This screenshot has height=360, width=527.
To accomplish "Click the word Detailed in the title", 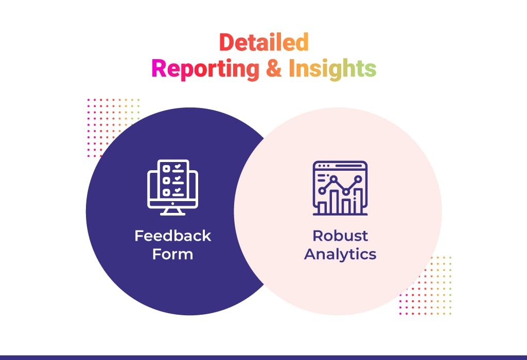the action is point(264,42).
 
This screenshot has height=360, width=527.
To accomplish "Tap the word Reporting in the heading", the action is point(205,69).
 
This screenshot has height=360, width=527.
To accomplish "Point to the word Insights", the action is point(332,69).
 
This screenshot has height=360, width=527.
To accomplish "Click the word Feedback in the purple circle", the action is point(173,236).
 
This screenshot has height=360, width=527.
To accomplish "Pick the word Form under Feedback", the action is point(173,254).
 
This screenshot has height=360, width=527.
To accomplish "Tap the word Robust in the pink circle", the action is point(340,236).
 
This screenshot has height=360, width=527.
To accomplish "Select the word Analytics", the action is point(340,255).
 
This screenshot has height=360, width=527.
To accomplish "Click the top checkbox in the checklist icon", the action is point(166,169).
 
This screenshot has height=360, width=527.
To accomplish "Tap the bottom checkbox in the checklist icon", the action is point(166,192).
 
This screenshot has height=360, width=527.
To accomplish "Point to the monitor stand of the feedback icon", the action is point(173,211).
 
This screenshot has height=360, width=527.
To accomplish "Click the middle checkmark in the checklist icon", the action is point(178,178).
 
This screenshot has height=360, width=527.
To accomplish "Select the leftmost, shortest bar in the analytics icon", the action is point(322,208).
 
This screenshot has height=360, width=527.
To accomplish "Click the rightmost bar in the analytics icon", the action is point(358,201).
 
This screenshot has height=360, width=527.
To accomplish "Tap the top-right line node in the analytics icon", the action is point(358,179).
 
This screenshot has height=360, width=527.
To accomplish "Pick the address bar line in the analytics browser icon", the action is point(349,166).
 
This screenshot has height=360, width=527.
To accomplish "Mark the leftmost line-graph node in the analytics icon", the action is point(322,191).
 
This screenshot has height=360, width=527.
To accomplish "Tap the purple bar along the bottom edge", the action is point(263,357).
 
